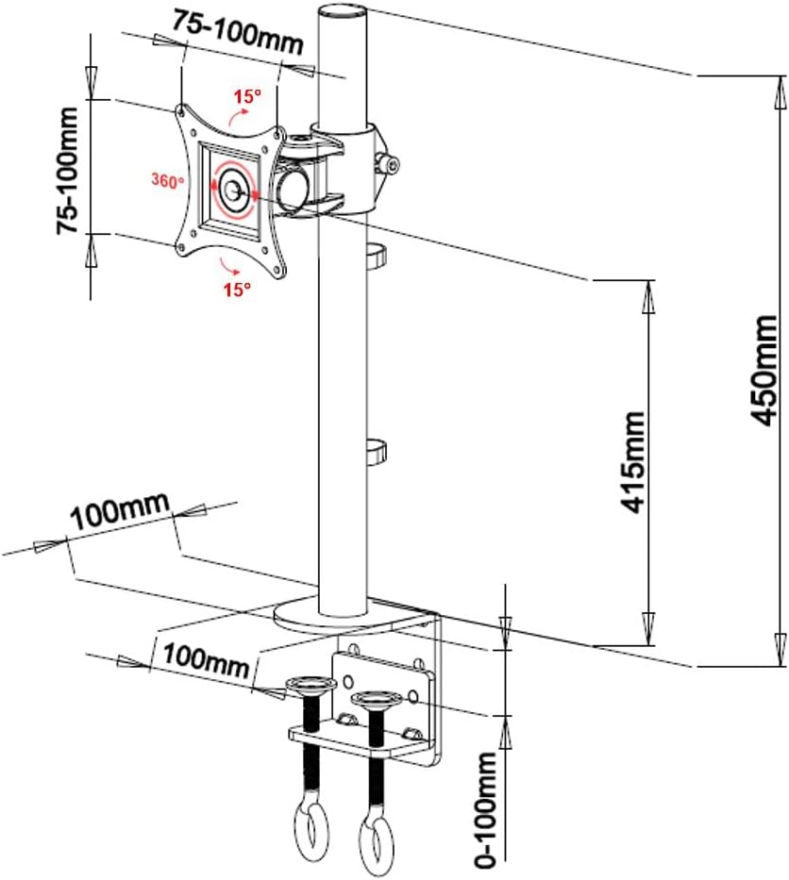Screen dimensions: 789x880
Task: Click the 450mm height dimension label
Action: (764, 370)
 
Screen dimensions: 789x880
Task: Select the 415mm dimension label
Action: (632, 462)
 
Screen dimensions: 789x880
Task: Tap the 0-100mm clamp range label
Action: (484, 810)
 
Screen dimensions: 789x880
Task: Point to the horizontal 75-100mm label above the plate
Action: (237, 32)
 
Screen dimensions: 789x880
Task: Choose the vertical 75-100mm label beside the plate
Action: (66, 171)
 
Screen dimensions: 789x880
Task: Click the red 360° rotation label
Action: (167, 181)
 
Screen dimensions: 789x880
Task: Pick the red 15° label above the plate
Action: (247, 96)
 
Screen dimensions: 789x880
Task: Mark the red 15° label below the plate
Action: (237, 290)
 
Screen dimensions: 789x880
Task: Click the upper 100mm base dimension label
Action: (119, 510)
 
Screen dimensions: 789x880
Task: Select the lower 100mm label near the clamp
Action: (206, 660)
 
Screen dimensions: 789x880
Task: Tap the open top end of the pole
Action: (342, 11)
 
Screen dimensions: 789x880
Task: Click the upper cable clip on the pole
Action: (377, 253)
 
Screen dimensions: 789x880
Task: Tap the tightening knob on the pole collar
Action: (388, 163)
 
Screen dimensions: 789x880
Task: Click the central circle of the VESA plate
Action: (232, 190)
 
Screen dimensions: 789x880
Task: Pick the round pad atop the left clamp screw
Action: (311, 685)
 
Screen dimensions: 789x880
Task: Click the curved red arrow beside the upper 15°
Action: (237, 116)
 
